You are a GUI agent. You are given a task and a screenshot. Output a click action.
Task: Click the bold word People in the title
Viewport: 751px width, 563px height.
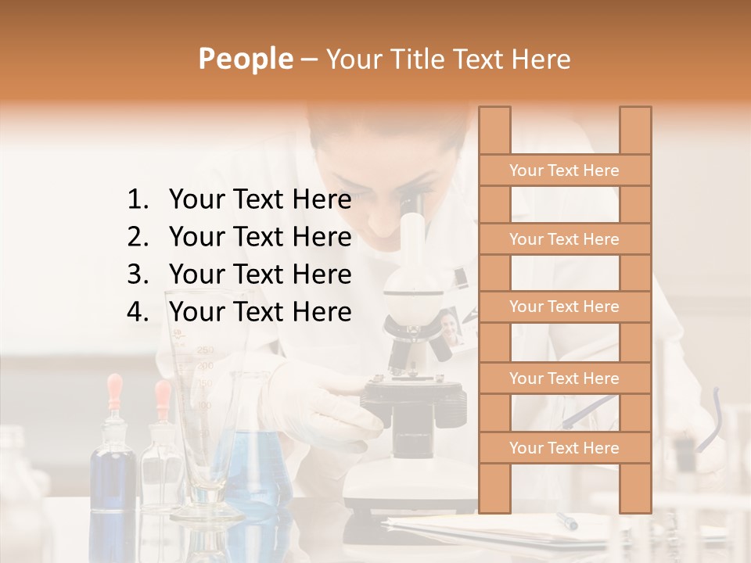[x=245, y=59]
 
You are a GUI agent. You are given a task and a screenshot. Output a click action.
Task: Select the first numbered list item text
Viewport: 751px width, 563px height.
[x=260, y=201]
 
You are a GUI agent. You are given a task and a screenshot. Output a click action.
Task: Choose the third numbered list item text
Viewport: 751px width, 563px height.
[x=260, y=275]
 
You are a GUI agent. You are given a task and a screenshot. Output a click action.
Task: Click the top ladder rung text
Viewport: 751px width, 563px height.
[x=564, y=170]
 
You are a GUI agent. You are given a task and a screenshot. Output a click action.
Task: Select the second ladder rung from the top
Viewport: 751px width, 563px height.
[x=564, y=239]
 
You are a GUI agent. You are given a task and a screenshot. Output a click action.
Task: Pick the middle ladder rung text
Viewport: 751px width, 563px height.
[x=564, y=307]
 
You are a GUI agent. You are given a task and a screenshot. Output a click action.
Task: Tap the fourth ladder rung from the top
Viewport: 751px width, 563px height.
[x=564, y=378]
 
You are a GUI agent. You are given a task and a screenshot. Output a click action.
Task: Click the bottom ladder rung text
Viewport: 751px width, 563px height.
[x=564, y=448]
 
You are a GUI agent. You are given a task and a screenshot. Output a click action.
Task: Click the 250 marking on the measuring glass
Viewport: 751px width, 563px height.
[x=206, y=350]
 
